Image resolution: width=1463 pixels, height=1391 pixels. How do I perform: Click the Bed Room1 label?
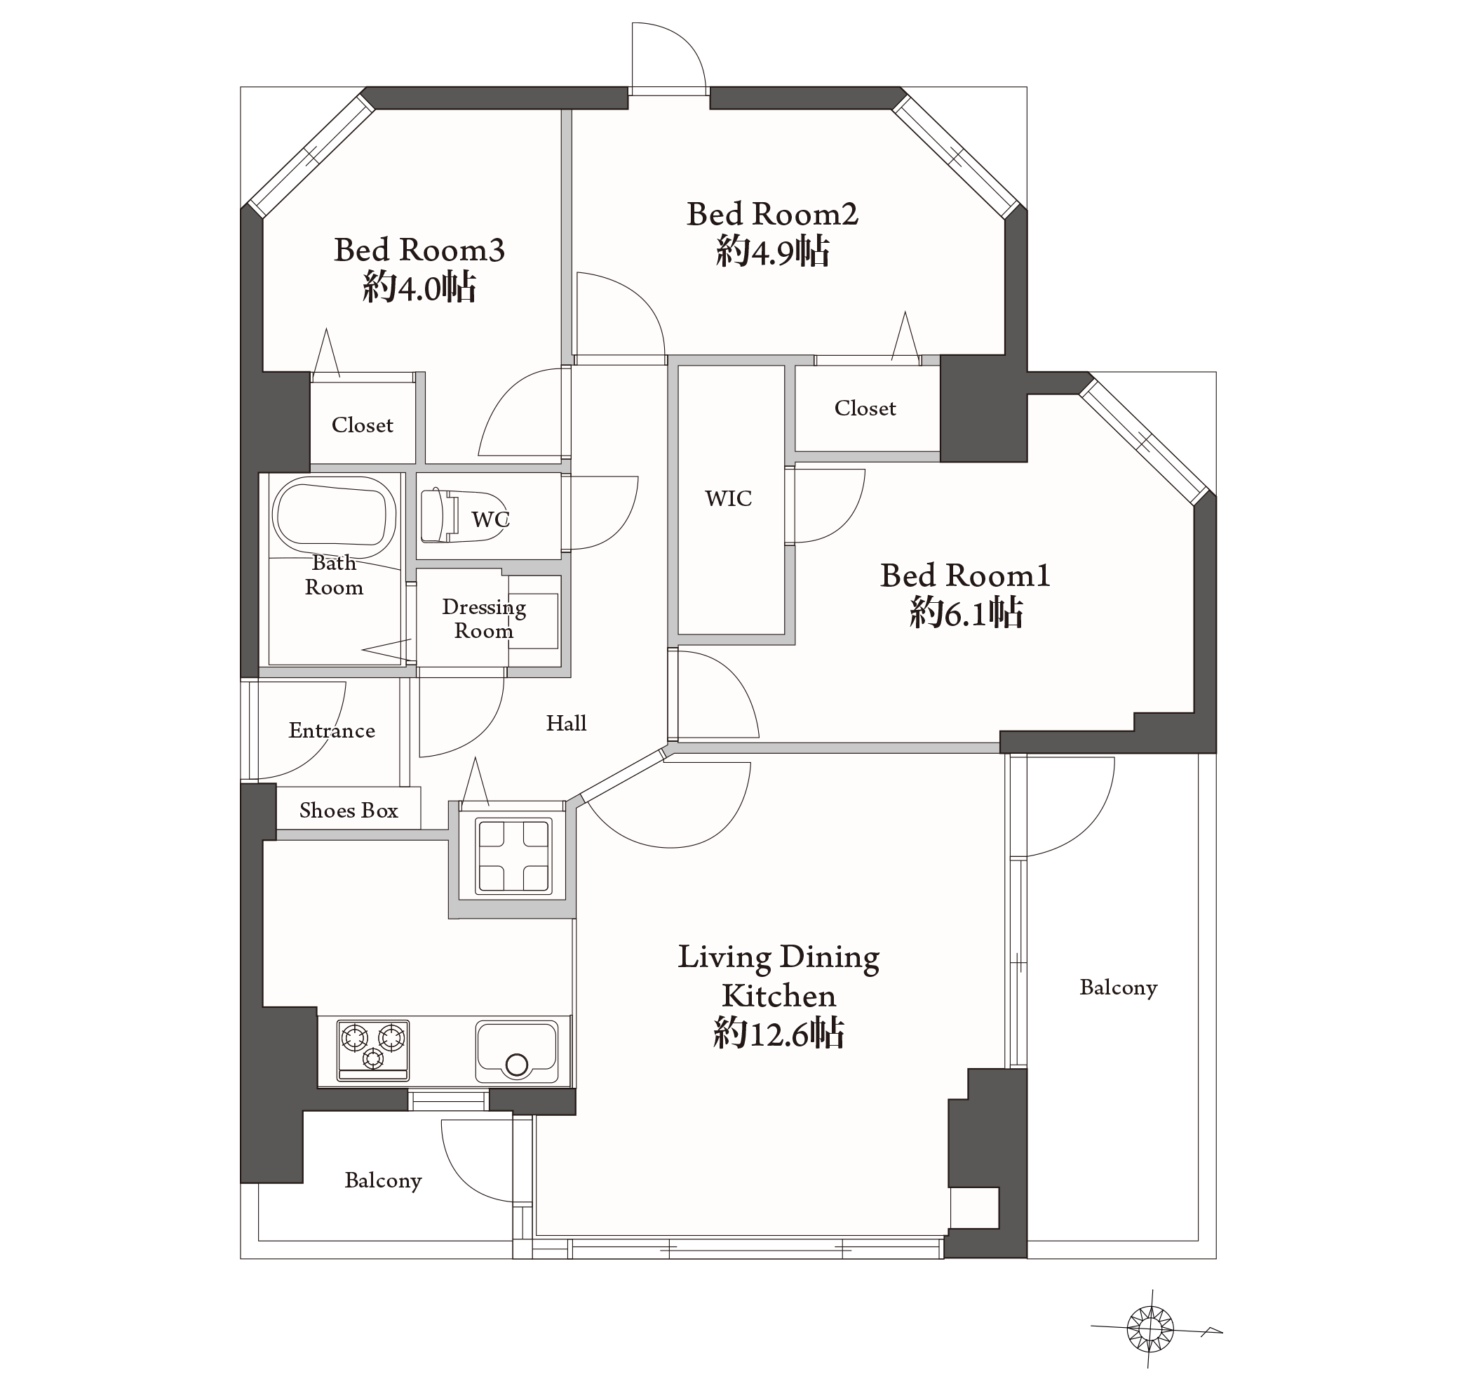click(x=965, y=575)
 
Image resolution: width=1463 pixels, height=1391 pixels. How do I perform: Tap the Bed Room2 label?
click(x=772, y=214)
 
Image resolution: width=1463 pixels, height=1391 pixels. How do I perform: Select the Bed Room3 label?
click(x=419, y=250)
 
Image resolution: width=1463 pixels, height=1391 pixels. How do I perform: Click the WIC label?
click(x=729, y=498)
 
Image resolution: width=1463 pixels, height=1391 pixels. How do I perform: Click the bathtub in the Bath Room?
click(x=334, y=516)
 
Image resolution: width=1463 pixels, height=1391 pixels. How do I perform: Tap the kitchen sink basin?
click(x=517, y=1052)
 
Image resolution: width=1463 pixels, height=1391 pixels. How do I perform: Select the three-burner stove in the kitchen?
click(x=373, y=1049)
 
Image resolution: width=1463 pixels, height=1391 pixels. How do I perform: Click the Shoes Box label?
click(x=349, y=811)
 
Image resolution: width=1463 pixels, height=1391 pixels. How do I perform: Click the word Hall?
click(x=566, y=723)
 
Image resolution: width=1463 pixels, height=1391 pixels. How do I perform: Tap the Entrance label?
click(x=331, y=731)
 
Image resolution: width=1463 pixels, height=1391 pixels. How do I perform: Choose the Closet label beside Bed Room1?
click(x=865, y=408)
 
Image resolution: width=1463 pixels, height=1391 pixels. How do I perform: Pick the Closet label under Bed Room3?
click(x=363, y=425)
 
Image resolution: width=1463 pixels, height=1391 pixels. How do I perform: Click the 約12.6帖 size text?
click(x=778, y=1033)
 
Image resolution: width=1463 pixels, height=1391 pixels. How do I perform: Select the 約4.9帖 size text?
click(x=772, y=251)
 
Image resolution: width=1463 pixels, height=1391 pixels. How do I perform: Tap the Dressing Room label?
click(x=484, y=618)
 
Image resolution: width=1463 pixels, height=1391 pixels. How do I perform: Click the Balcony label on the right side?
click(x=1119, y=987)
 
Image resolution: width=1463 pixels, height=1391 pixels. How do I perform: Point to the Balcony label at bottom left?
click(x=383, y=1180)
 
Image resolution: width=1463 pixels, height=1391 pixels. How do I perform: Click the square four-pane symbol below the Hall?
click(x=513, y=856)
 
